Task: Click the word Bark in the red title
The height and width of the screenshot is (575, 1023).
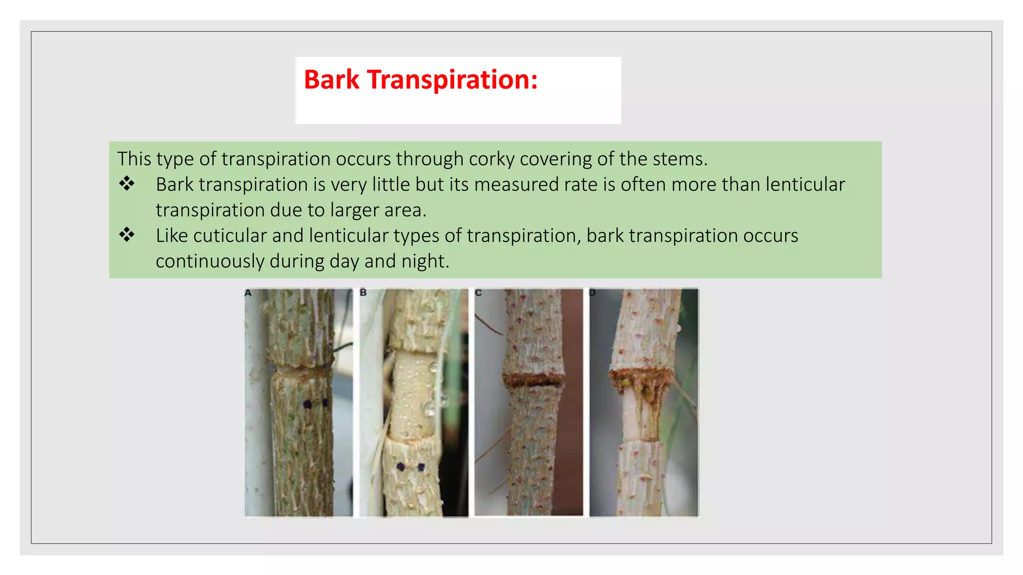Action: [331, 80]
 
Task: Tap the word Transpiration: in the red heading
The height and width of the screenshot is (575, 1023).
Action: [453, 80]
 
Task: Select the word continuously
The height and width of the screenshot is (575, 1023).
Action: [210, 262]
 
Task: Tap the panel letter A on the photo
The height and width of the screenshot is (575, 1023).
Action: [248, 293]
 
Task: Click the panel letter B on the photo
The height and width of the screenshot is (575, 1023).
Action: [363, 293]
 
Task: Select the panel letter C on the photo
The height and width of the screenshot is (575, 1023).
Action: [478, 293]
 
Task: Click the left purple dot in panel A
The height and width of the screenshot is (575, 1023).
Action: [307, 404]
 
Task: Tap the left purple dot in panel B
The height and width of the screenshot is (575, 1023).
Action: [401, 467]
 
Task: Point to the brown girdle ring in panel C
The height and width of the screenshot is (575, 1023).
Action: [533, 380]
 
